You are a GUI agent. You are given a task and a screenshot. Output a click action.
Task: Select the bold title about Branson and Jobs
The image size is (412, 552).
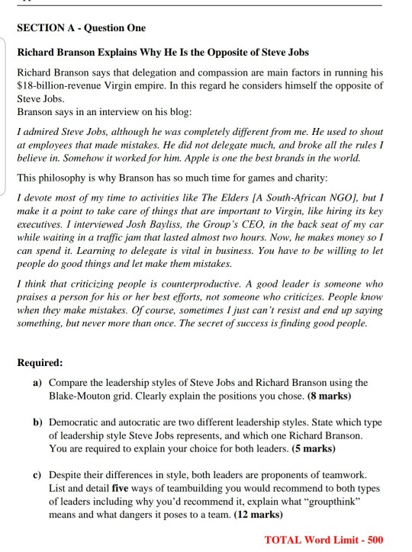point(163,53)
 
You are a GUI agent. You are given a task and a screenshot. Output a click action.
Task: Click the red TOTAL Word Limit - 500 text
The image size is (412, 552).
point(323,539)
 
